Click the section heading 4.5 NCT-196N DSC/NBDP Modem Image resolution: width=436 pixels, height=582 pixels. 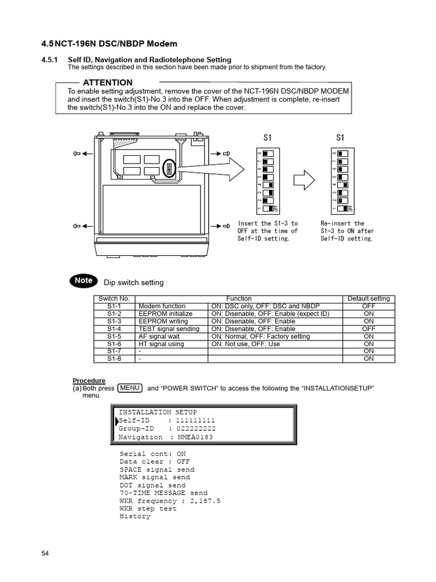click(109, 44)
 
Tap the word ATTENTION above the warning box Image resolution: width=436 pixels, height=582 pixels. click(108, 82)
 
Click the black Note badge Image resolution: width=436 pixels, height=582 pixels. click(84, 280)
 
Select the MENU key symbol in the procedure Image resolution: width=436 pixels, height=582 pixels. click(130, 388)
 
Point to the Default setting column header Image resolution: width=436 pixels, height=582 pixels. click(368, 298)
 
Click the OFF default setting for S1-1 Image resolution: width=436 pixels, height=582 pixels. click(368, 306)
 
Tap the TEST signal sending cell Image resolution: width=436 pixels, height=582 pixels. click(169, 329)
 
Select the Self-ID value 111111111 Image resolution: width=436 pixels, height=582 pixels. click(196, 420)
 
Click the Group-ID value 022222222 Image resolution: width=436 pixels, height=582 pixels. click(196, 429)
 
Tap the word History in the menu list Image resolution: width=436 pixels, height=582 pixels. click(135, 516)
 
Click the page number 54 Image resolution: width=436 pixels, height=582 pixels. click(46, 554)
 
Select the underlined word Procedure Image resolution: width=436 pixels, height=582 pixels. click(89, 380)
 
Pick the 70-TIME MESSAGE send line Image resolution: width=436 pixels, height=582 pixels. click(163, 493)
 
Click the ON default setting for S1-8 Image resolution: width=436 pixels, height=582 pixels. click(368, 359)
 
